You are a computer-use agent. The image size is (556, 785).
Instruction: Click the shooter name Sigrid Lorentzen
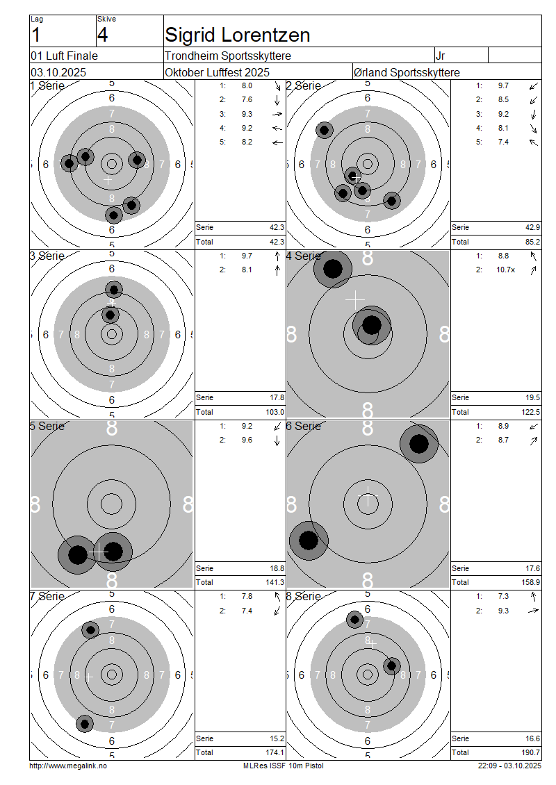(x=238, y=35)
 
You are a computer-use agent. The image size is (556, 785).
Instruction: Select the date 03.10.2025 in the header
(x=58, y=72)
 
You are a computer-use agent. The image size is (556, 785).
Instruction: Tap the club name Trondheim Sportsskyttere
(x=228, y=56)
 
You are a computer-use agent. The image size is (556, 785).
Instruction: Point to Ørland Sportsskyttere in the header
(x=407, y=72)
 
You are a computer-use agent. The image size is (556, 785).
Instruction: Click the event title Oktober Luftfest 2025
(x=217, y=72)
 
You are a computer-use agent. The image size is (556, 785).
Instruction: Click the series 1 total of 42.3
(x=277, y=227)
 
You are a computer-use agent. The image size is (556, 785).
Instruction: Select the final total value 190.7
(x=531, y=752)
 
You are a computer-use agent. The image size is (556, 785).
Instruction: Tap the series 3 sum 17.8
(x=277, y=397)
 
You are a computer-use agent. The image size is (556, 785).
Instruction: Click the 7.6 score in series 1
(x=247, y=99)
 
